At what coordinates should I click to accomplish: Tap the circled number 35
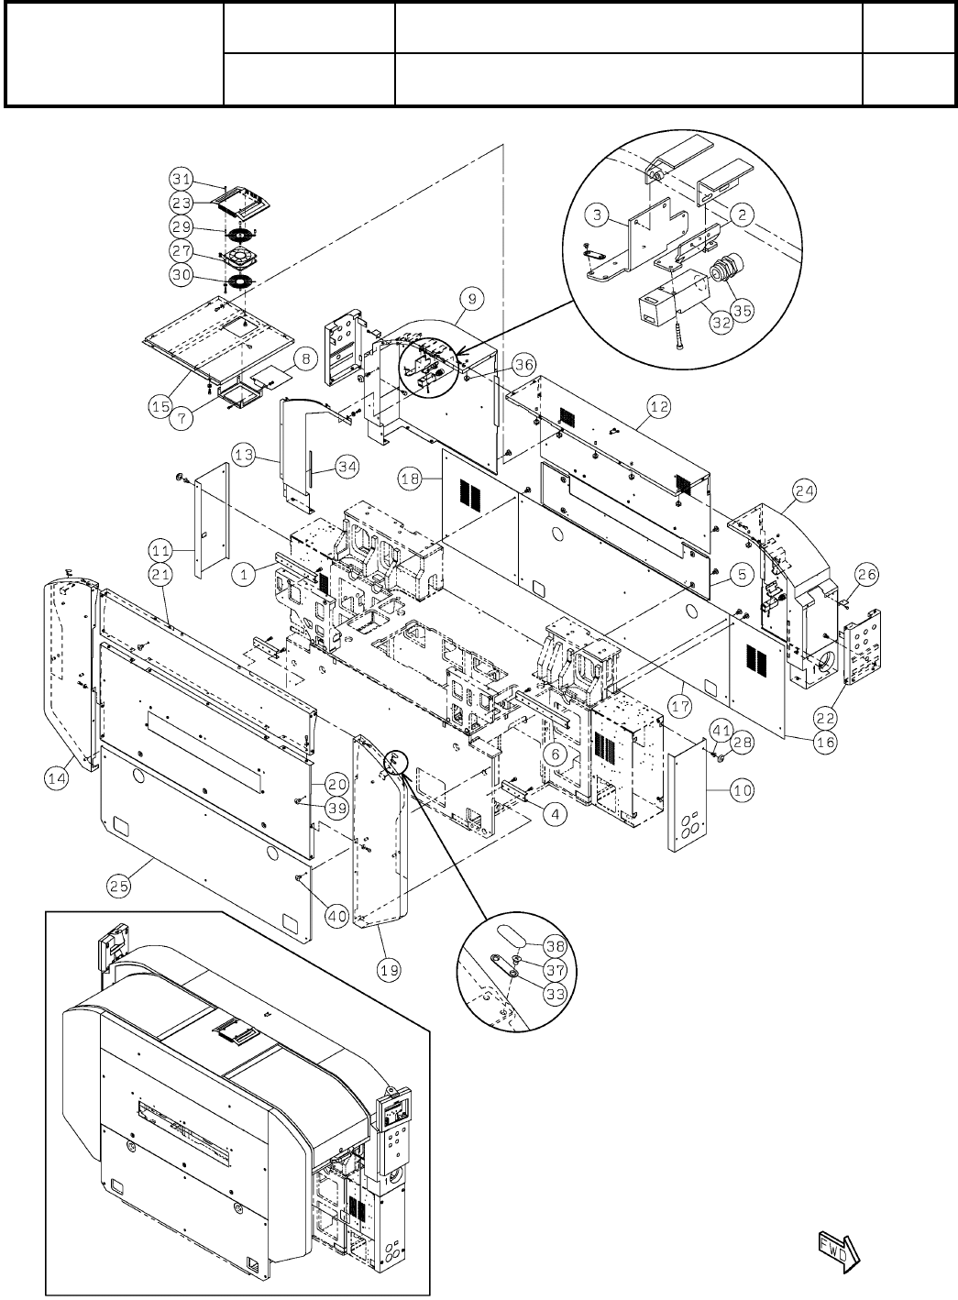740,309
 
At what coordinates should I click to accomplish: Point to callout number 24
804,491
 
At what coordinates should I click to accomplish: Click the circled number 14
57,778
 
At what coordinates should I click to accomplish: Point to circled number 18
411,478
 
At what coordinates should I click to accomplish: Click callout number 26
867,574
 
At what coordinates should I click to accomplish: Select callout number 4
553,812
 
